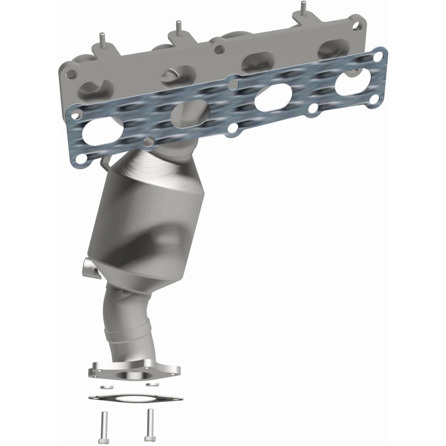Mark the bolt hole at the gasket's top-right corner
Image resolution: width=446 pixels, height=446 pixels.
click(x=379, y=56)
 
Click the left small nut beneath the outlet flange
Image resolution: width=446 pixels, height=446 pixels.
click(x=108, y=385)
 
